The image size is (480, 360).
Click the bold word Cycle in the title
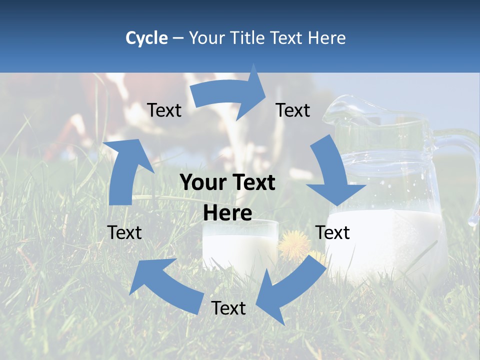tap(146, 38)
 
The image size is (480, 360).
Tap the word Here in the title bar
tap(326, 38)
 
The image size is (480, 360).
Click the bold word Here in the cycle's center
tap(227, 213)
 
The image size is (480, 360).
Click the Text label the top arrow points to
tap(293, 110)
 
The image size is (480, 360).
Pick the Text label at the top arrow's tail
tap(164, 110)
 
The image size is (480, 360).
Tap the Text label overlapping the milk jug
tap(332, 232)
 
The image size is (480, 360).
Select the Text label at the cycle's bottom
tap(228, 308)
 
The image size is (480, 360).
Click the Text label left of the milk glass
tap(124, 232)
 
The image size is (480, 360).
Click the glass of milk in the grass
tap(240, 245)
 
